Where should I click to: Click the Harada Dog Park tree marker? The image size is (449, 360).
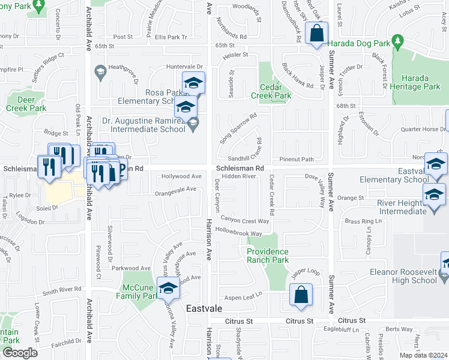tap(397, 41)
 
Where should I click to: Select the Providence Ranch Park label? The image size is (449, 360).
tap(268, 256)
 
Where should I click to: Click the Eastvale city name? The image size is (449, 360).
tap(205, 308)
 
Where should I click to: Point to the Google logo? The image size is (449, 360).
tap(19, 353)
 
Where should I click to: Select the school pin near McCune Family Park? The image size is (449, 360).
tap(169, 288)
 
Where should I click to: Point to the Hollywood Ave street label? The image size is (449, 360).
tap(181, 176)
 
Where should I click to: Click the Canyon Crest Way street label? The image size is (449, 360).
tap(245, 221)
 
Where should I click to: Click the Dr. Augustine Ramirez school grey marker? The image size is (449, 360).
tap(192, 125)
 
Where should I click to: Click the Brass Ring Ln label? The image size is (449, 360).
tap(363, 221)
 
